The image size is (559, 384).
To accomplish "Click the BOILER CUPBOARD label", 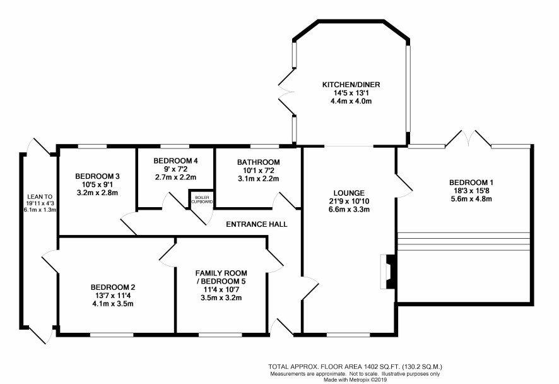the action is [202, 200].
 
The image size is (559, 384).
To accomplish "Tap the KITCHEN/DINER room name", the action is [351, 85].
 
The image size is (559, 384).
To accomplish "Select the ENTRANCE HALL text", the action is [257, 224].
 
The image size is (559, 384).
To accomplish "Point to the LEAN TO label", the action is [40, 196].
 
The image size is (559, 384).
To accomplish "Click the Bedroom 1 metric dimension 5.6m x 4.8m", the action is [471, 199].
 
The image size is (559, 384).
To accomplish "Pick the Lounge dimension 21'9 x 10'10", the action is [349, 201].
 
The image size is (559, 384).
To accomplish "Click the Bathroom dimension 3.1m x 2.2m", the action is [258, 179].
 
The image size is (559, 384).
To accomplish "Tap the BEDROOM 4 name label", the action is [176, 160].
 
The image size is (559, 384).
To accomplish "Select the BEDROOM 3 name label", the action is [97, 176].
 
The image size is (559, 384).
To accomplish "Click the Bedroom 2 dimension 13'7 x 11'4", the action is [113, 296].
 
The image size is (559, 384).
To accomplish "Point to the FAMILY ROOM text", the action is [221, 273].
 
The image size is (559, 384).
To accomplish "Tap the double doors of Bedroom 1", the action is [468, 139].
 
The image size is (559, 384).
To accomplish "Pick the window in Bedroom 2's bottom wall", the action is [112, 335].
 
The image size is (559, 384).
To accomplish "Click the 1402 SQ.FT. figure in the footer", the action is [382, 366].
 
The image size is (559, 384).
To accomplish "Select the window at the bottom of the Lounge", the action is [348, 335].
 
